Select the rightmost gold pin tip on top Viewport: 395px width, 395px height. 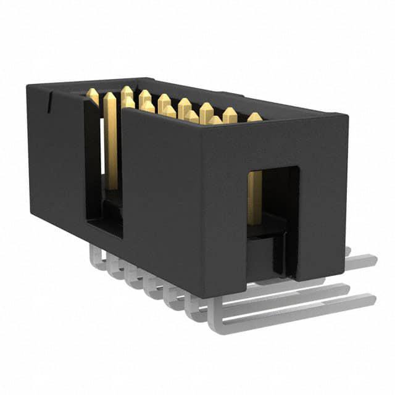[254, 116]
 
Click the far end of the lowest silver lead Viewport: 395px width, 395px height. [370, 301]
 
